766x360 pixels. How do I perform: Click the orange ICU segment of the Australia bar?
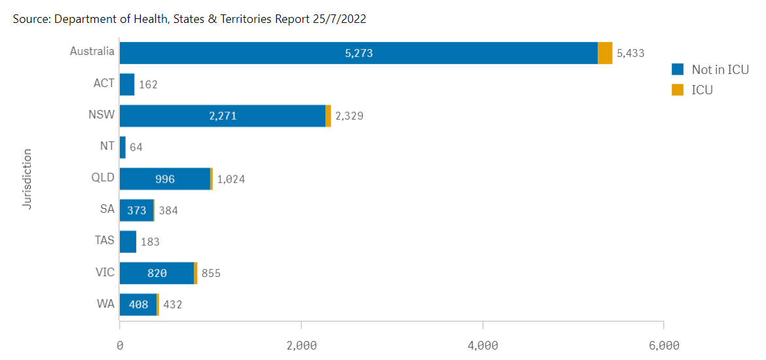coord(605,53)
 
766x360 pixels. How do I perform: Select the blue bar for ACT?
coord(127,84)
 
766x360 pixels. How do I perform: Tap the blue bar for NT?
coord(122,147)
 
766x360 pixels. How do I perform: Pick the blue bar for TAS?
coord(128,242)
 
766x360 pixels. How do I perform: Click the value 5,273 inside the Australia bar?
coord(359,53)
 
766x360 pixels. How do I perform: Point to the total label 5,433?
coord(630,53)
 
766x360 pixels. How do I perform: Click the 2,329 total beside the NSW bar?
coord(350,117)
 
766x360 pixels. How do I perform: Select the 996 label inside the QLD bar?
coord(165,179)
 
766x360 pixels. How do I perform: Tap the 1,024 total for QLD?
coord(231,179)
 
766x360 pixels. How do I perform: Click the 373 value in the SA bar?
coord(137,211)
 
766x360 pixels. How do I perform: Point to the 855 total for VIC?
coord(211,274)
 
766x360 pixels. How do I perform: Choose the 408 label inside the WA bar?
coord(138,305)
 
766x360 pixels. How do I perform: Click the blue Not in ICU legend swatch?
coord(678,69)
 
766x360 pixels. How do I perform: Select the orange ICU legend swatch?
coord(678,90)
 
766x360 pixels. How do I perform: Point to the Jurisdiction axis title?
coord(27,179)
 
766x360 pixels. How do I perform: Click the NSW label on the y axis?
coord(101,115)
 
